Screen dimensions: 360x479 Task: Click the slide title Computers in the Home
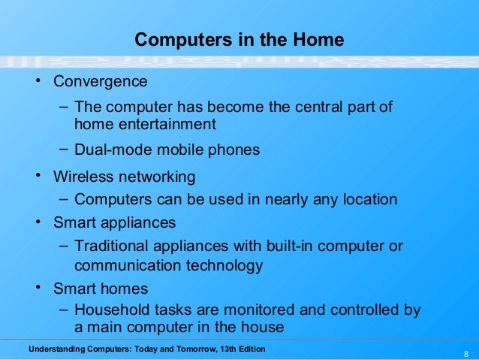239,40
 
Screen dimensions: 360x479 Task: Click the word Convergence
100,80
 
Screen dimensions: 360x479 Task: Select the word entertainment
164,124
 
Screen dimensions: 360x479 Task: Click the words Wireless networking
124,177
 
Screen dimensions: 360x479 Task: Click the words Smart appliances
114,222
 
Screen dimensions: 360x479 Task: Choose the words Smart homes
101,289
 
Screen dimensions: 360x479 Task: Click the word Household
111,310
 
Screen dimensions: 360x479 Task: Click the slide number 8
466,354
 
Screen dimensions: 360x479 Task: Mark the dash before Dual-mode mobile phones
65,149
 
